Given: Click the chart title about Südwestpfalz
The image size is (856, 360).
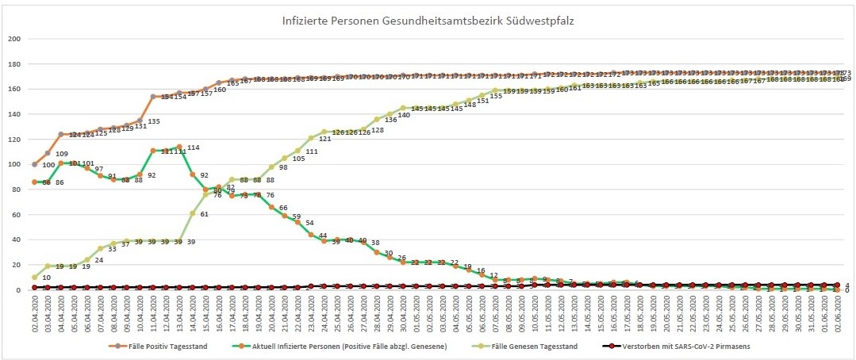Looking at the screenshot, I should [428, 21].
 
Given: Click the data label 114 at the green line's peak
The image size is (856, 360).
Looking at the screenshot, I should [193, 148].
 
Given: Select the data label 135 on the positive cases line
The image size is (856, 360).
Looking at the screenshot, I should [154, 122].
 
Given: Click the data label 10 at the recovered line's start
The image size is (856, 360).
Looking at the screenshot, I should [47, 278].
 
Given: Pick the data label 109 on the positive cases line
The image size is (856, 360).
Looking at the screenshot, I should [61, 154].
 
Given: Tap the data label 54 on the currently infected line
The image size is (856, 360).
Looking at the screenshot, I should [310, 223].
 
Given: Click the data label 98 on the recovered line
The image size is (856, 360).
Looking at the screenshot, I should [282, 167].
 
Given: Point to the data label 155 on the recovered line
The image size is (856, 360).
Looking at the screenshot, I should [495, 96].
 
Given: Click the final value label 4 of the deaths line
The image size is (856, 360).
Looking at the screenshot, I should [846, 285].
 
